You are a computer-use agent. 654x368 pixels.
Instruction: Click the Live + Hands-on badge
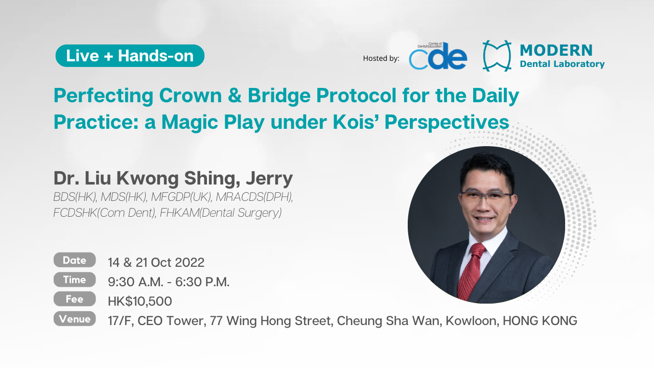pos(130,56)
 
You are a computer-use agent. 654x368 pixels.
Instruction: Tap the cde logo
pos(438,56)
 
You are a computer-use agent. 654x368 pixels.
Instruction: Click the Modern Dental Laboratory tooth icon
pos(497,56)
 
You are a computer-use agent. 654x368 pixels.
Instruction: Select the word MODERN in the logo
pos(556,50)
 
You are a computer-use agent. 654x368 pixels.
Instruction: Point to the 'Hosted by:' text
pos(381,58)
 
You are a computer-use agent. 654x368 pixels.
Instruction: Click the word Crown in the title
pos(191,96)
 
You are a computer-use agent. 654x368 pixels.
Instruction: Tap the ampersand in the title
pos(235,96)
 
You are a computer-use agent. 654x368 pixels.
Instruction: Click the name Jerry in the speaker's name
pos(269,179)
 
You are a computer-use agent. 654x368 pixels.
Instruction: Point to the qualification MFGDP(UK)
pos(181,197)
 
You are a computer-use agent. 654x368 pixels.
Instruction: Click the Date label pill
pos(75,260)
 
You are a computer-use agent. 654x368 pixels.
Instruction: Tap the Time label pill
pos(75,280)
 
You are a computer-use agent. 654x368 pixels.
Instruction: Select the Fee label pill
pos(75,299)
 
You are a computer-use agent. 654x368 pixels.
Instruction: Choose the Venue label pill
pos(75,318)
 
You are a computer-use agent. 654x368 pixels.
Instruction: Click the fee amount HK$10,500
pos(140,302)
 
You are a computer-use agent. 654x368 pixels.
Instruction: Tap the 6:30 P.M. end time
pos(202,282)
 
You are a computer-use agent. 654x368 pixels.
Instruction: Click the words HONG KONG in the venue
pos(540,320)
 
